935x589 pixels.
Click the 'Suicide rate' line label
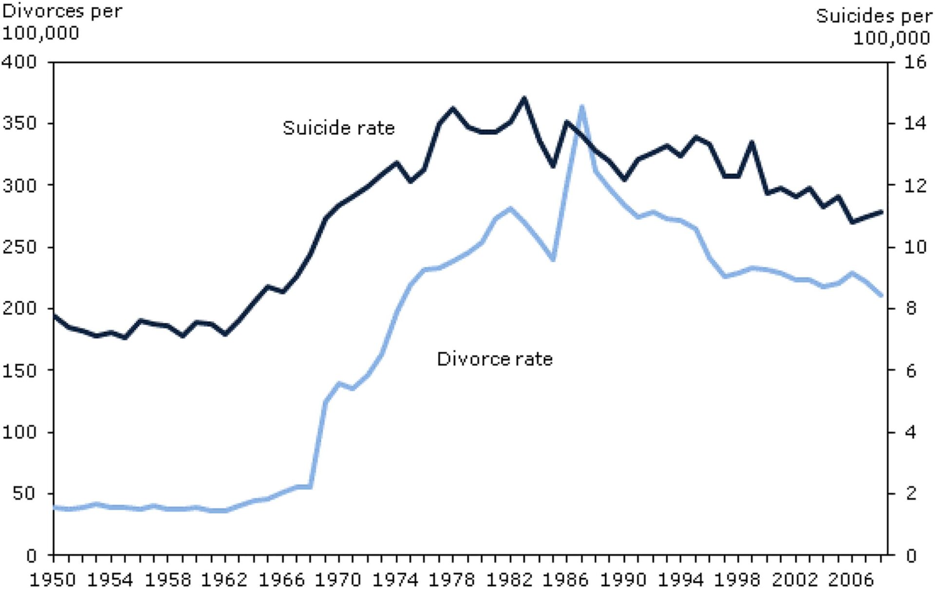338,128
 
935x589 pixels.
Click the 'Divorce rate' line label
495,359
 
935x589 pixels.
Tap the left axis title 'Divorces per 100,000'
62,22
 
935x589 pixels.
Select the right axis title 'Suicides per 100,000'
875,27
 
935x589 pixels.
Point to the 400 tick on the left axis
19,62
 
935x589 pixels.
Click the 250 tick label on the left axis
19,247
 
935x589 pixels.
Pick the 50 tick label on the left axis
24,493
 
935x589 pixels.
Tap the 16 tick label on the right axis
915,62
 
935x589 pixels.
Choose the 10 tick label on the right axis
915,247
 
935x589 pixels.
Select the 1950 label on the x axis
53,579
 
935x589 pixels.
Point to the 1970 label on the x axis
338,579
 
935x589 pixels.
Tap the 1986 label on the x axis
566,579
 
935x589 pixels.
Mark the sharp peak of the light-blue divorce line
581,106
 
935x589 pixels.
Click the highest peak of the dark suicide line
524,98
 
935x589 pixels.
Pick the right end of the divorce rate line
881,295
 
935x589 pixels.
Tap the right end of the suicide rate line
881,212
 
